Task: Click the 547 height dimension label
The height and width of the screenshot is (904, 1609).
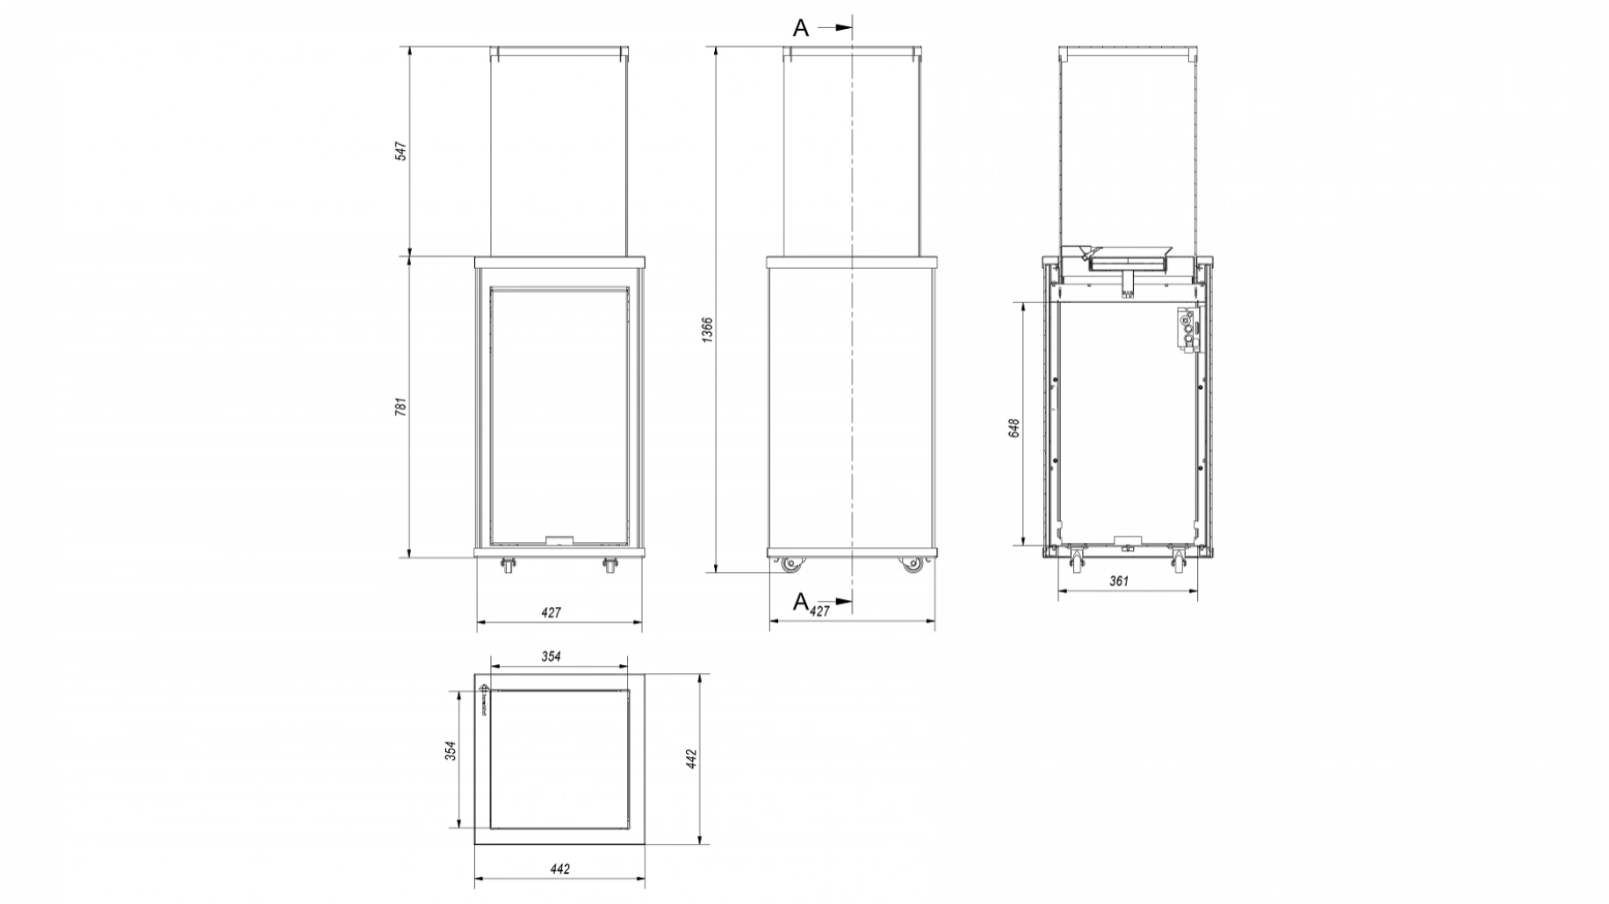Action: pyautogui.click(x=400, y=150)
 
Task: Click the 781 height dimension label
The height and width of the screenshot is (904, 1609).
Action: pyautogui.click(x=400, y=407)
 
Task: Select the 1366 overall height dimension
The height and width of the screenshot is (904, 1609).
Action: pyautogui.click(x=708, y=329)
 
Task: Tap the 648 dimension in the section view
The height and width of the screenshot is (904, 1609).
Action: pyautogui.click(x=1014, y=428)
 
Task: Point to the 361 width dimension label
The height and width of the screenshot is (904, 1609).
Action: pyautogui.click(x=1119, y=581)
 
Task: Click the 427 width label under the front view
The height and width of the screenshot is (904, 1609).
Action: pyautogui.click(x=551, y=612)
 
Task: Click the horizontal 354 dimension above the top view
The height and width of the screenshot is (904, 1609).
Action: pyautogui.click(x=551, y=656)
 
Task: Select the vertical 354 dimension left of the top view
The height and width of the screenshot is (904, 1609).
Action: pyautogui.click(x=451, y=751)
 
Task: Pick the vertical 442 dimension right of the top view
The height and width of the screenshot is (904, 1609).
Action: pyautogui.click(x=691, y=758)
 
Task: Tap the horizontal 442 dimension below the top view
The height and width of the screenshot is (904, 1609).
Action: pyautogui.click(x=559, y=869)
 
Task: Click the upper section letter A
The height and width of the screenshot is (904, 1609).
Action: pyautogui.click(x=800, y=28)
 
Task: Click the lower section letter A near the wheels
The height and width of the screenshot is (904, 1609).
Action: pyautogui.click(x=800, y=602)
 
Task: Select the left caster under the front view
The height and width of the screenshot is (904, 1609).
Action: pyautogui.click(x=508, y=567)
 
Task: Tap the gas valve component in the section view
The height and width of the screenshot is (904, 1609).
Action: pyautogui.click(x=1188, y=331)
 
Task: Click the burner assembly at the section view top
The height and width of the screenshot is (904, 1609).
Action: pyautogui.click(x=1117, y=261)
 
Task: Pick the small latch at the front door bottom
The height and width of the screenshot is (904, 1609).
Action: pyautogui.click(x=559, y=540)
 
